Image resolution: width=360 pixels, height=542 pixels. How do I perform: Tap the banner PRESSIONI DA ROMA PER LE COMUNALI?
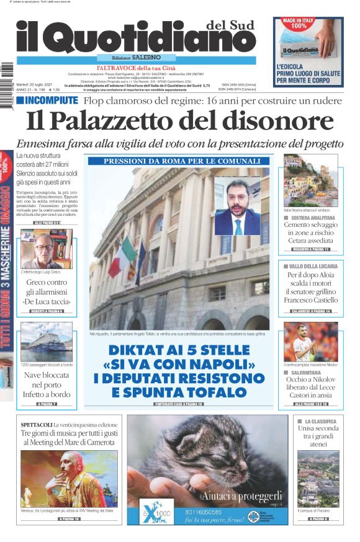[x=182, y=161]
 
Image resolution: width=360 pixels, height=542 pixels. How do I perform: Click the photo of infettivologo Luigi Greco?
[x=47, y=249]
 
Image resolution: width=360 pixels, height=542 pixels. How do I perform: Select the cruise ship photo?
[x=47, y=342]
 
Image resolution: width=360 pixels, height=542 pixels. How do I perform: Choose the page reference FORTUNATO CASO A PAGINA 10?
[x=182, y=404]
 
